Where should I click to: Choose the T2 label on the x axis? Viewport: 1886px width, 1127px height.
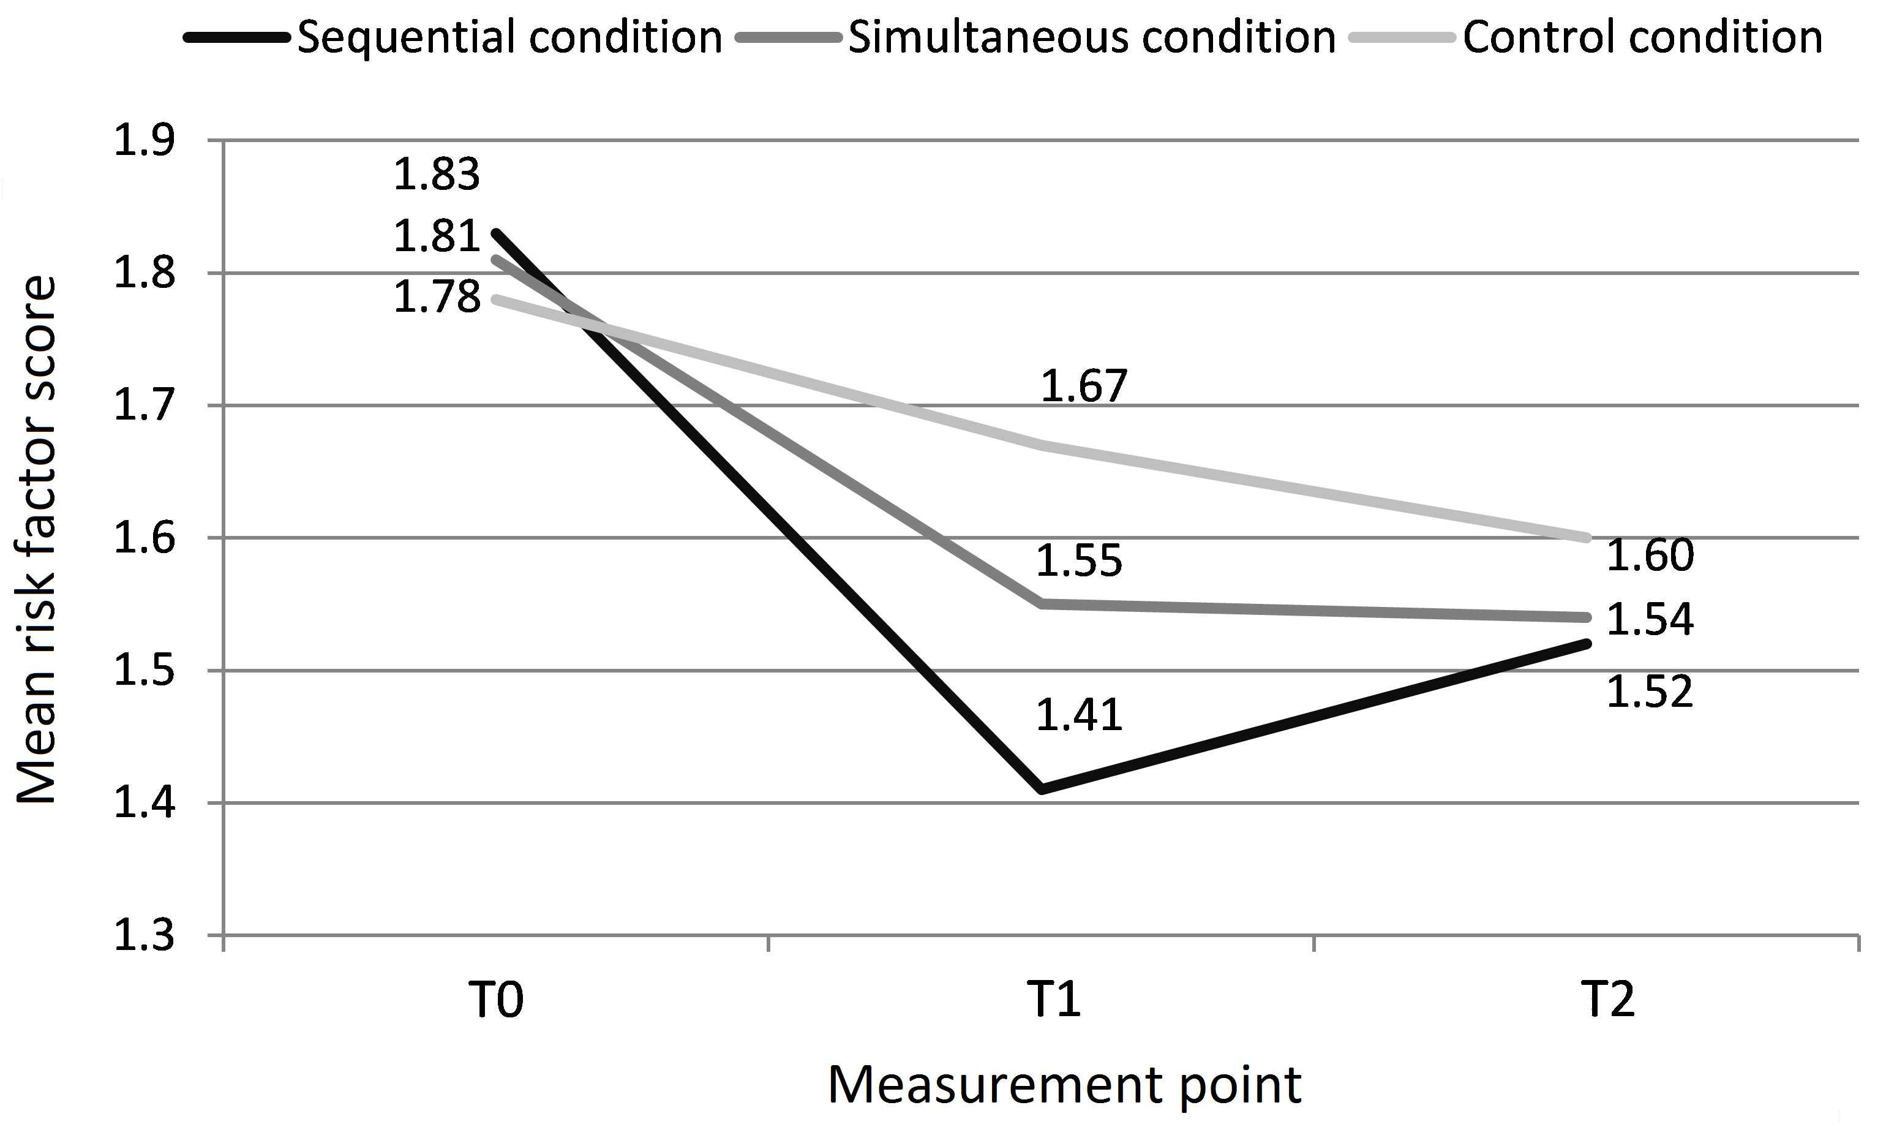pos(1608,1000)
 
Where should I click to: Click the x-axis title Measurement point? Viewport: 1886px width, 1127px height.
pos(1064,1085)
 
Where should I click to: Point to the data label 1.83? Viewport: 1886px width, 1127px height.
pos(437,174)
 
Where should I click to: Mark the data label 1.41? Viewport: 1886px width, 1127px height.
pos(1079,715)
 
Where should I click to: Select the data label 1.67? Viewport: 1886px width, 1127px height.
pos(1083,386)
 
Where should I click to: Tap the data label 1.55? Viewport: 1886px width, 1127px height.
pos(1079,561)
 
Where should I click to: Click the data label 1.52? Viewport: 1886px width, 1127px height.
pos(1650,692)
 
